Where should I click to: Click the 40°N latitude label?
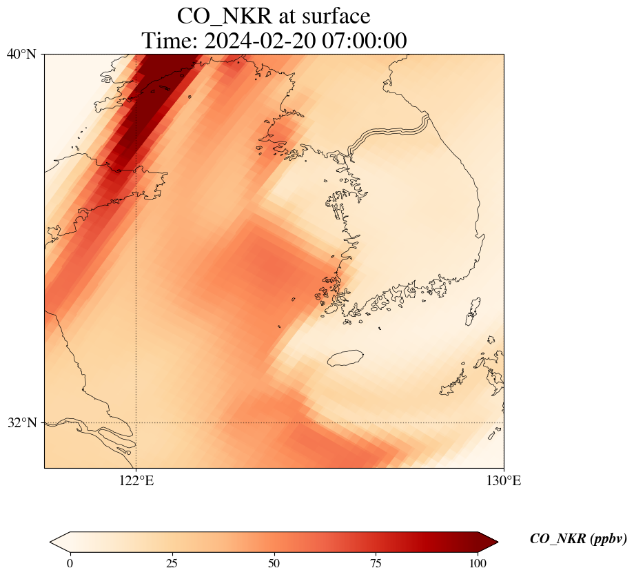tap(22, 54)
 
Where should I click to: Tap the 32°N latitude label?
tap(22, 422)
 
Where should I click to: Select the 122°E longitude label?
tap(136, 480)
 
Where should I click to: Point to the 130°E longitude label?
tap(503, 480)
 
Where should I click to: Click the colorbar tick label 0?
tap(70, 563)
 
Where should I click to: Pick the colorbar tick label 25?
tap(172, 563)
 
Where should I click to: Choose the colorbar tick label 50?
tap(274, 563)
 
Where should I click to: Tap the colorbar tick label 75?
tap(376, 563)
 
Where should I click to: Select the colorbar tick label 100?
tap(478, 563)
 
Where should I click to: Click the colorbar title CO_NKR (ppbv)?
tap(578, 538)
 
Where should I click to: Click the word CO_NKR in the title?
tap(225, 17)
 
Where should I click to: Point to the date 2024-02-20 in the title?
tap(260, 41)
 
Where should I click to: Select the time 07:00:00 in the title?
tap(365, 41)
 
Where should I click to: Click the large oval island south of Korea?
tap(345, 358)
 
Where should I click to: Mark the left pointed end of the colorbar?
tap(50, 542)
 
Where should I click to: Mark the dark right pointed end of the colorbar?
tap(498, 542)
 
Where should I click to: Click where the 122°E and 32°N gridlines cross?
tap(136, 422)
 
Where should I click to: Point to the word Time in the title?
tap(170, 41)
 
